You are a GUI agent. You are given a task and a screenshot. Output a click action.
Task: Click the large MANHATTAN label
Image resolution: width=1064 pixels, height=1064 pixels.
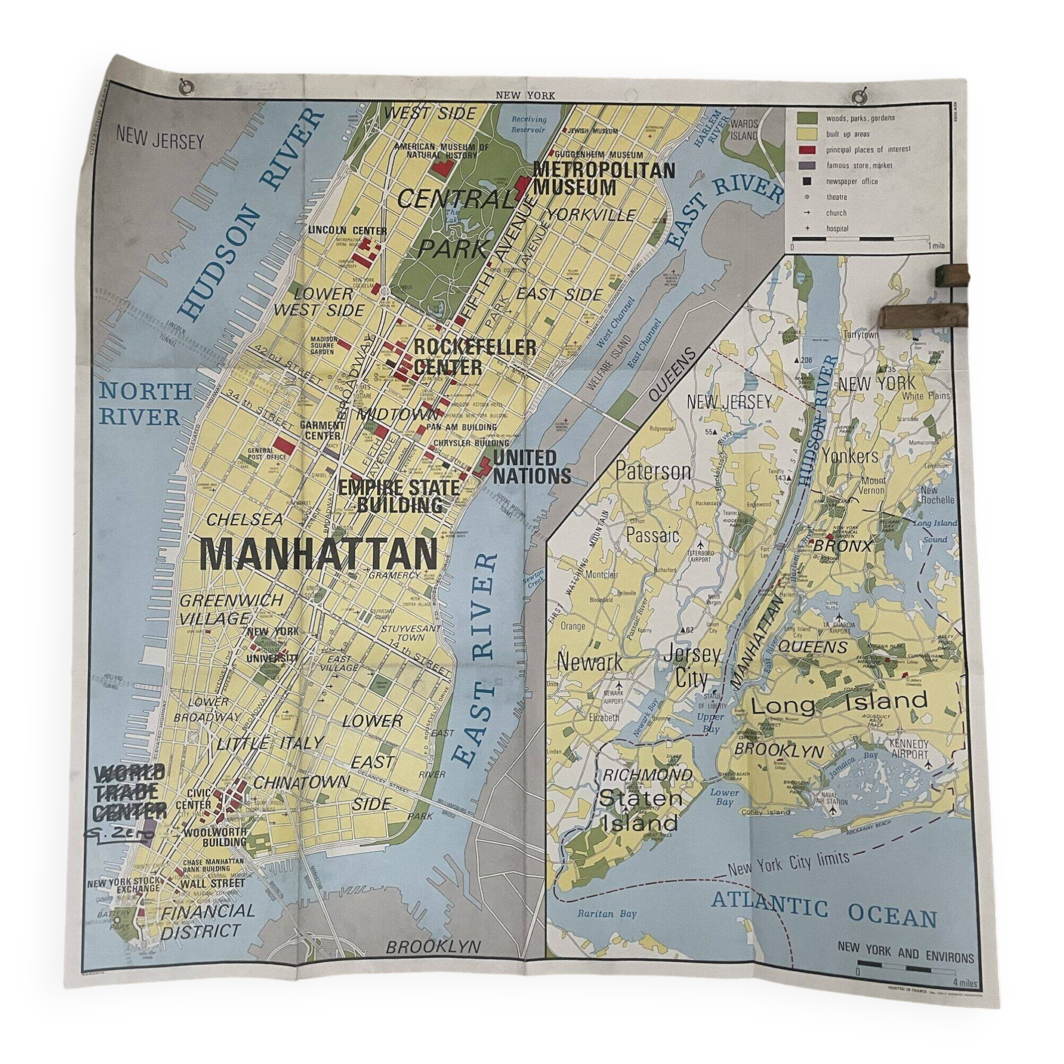[x=318, y=554]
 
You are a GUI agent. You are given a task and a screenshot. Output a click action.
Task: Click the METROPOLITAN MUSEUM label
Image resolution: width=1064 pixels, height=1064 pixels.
[x=603, y=178]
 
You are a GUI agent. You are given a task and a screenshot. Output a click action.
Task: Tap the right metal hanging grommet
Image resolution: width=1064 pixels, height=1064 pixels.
[x=859, y=97]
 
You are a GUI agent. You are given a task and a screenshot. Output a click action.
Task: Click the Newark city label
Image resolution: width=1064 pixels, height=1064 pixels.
[x=590, y=662]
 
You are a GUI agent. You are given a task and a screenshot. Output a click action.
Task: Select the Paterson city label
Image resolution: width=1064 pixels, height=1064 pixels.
[x=653, y=471]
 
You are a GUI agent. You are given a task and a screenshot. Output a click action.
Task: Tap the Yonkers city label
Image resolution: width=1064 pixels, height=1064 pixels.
[x=850, y=456]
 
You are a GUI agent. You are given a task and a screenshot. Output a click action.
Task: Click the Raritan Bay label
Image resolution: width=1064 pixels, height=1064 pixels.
[x=606, y=913]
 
